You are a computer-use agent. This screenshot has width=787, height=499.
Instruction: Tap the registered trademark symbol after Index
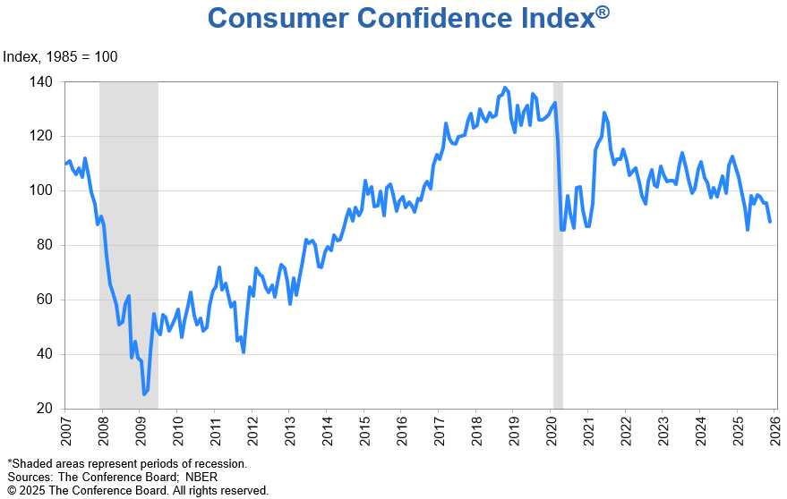[603, 12]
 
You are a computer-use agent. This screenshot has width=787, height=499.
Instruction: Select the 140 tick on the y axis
[44, 82]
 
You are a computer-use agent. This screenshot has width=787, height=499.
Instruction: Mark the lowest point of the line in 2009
[143, 393]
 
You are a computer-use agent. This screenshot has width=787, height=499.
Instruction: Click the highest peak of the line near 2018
[505, 88]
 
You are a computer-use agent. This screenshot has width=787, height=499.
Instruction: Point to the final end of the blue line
[770, 222]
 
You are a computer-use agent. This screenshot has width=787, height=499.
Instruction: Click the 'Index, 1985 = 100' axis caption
[60, 57]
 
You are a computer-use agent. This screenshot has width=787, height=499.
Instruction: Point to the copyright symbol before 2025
[12, 491]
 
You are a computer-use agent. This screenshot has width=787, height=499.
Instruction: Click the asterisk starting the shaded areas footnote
[10, 463]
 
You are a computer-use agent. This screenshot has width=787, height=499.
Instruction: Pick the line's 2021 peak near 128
[604, 113]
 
